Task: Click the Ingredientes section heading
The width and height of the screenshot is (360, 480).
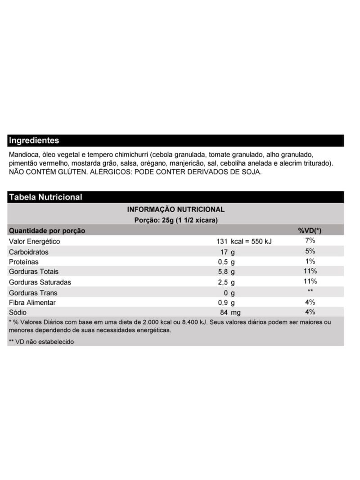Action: [34, 140]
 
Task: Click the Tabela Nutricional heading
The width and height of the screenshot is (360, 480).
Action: [45, 197]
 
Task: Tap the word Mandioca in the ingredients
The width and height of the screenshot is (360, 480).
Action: [23, 154]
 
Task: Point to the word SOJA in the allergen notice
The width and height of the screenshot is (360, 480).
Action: [251, 172]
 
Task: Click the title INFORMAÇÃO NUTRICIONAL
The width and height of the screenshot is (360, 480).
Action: [175, 209]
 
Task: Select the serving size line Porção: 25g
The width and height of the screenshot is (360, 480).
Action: [176, 220]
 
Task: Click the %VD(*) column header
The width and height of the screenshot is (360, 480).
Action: [310, 231]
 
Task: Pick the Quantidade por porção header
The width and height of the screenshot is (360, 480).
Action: [47, 231]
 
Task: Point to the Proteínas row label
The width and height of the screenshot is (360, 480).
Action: [24, 262]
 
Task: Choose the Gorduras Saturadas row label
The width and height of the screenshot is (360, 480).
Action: [40, 282]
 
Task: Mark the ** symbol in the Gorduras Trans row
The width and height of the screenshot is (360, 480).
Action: [310, 292]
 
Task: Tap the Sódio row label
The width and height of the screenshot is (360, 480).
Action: [18, 312]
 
